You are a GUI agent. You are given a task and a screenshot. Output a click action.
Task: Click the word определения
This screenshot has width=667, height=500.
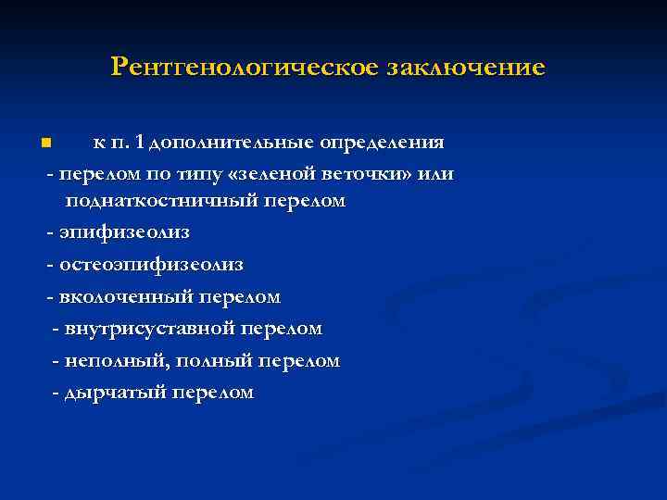tap(382, 144)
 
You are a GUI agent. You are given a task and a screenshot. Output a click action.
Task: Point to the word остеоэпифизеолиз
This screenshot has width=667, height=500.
tap(151, 265)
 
